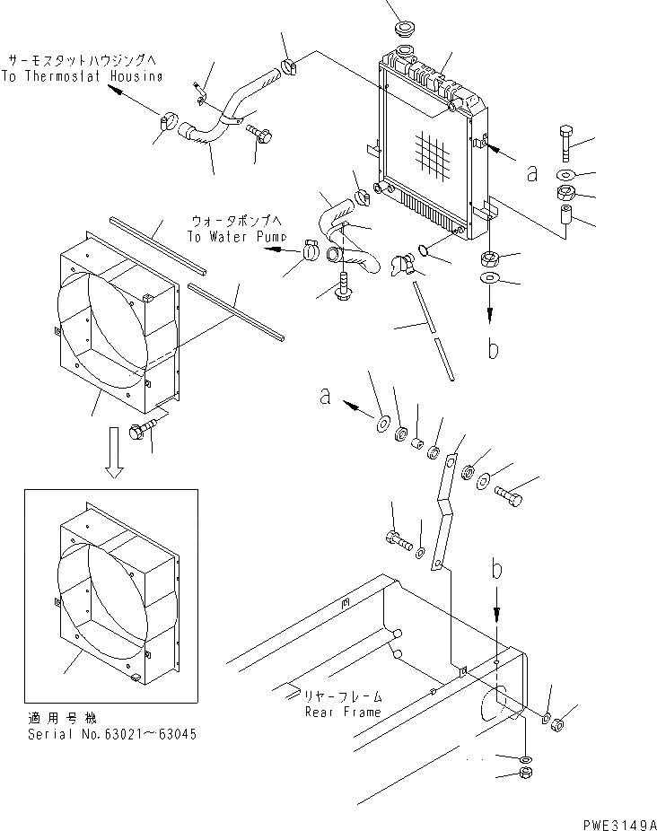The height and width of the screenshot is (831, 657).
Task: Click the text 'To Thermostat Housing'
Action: tap(82, 76)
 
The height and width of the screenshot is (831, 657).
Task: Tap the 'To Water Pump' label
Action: tap(238, 236)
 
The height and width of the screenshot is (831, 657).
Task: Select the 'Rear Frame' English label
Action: tap(343, 712)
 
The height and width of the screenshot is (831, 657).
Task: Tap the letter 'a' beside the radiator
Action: tap(532, 171)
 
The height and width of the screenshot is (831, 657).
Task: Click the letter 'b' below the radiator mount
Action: tap(493, 347)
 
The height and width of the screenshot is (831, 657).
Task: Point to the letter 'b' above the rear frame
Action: tap(495, 568)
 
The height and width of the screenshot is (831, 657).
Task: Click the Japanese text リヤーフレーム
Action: tap(345, 696)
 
